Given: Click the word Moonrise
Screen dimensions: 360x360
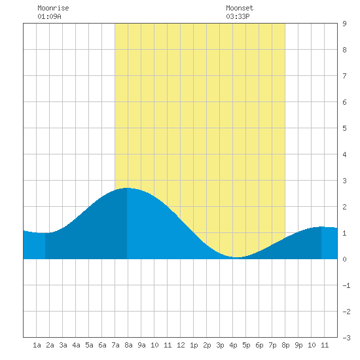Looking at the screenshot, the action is pos(53,8).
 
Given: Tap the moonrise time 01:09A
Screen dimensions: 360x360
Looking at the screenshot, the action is pos(49,16).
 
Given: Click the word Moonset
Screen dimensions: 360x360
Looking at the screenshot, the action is pos(240,8).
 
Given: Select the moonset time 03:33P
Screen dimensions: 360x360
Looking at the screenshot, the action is pos(238,16).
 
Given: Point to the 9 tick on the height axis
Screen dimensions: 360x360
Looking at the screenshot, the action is pos(344,24).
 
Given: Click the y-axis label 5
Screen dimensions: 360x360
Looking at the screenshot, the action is pos(344,128).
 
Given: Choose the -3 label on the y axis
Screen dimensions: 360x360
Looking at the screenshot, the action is pos(346,338).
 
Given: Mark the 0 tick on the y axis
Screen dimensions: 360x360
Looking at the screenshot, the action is pos(344,259).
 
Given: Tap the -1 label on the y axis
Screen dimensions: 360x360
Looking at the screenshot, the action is pos(346,285).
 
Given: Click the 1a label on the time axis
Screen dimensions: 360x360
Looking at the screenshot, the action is pos(37,345).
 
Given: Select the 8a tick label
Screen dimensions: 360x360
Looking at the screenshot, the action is pos(128,345).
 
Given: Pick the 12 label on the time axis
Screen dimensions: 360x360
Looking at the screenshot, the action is pos(181,345).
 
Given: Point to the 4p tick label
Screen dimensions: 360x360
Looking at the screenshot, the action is pos(233,345).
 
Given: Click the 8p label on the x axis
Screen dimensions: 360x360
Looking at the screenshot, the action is pos(285,345).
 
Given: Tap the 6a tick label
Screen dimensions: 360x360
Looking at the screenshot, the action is pos(102,345).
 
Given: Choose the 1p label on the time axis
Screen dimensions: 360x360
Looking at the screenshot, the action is pos(194,345).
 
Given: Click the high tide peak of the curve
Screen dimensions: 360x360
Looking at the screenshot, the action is pos(127,188).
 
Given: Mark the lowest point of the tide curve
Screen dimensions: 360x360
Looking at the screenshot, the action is pos(237,257).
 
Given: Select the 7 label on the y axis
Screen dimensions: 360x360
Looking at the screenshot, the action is pos(344,76).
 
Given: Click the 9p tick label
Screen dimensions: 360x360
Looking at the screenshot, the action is pos(298,345).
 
